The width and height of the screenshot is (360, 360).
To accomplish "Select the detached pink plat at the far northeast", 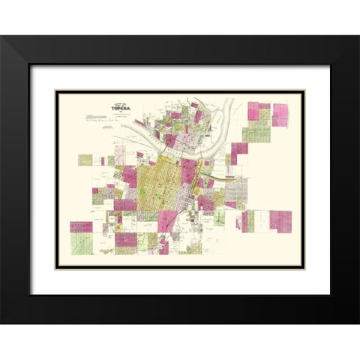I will [280, 114].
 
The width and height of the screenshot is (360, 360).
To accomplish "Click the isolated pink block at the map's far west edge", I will [80, 226].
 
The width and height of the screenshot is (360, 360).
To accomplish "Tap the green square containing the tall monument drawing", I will [218, 217].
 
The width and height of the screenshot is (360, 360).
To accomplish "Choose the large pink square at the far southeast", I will [280, 221].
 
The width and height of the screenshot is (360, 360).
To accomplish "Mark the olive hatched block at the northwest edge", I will [85, 160].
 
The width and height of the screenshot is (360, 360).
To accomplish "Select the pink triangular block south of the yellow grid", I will [169, 220].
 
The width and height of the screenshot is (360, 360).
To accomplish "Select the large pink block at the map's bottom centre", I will [126, 239].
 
